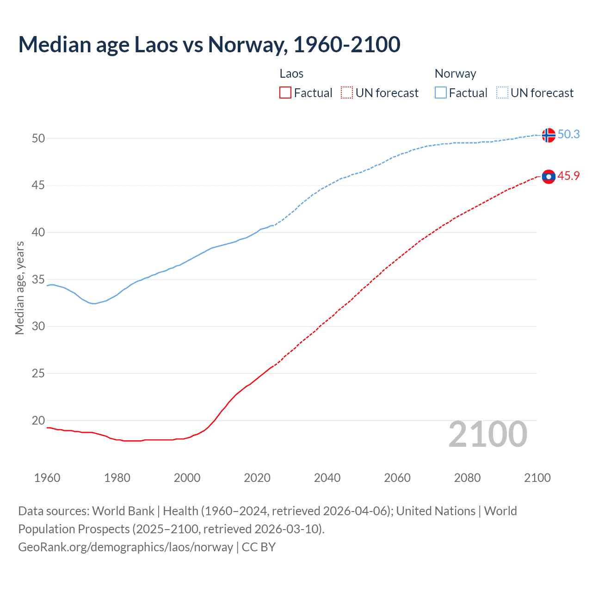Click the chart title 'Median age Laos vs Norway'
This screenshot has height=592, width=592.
click(209, 45)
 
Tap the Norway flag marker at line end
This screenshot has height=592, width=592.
click(548, 135)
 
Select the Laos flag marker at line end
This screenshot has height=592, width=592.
click(548, 177)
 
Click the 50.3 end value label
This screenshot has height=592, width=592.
click(568, 134)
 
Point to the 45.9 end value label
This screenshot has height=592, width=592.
click(568, 176)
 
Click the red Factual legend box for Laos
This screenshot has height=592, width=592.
click(285, 93)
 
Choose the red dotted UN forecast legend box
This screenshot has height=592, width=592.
click(347, 93)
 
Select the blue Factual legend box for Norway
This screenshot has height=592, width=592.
click(441, 93)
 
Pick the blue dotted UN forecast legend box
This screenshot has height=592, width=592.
click(502, 93)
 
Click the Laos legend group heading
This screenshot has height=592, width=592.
click(291, 74)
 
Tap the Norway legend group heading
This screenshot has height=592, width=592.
click(455, 74)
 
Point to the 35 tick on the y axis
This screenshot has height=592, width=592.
click(38, 279)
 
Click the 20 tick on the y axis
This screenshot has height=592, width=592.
click(38, 420)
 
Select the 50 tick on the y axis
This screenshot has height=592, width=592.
click(38, 138)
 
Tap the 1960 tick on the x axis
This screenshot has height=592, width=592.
click(47, 478)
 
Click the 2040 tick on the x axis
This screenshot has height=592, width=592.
click(327, 478)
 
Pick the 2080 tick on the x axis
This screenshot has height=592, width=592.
click(467, 478)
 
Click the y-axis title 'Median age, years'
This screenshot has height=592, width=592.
click(19, 288)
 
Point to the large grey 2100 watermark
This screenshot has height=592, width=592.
click(487, 434)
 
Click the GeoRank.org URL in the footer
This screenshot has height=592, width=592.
click(125, 547)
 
